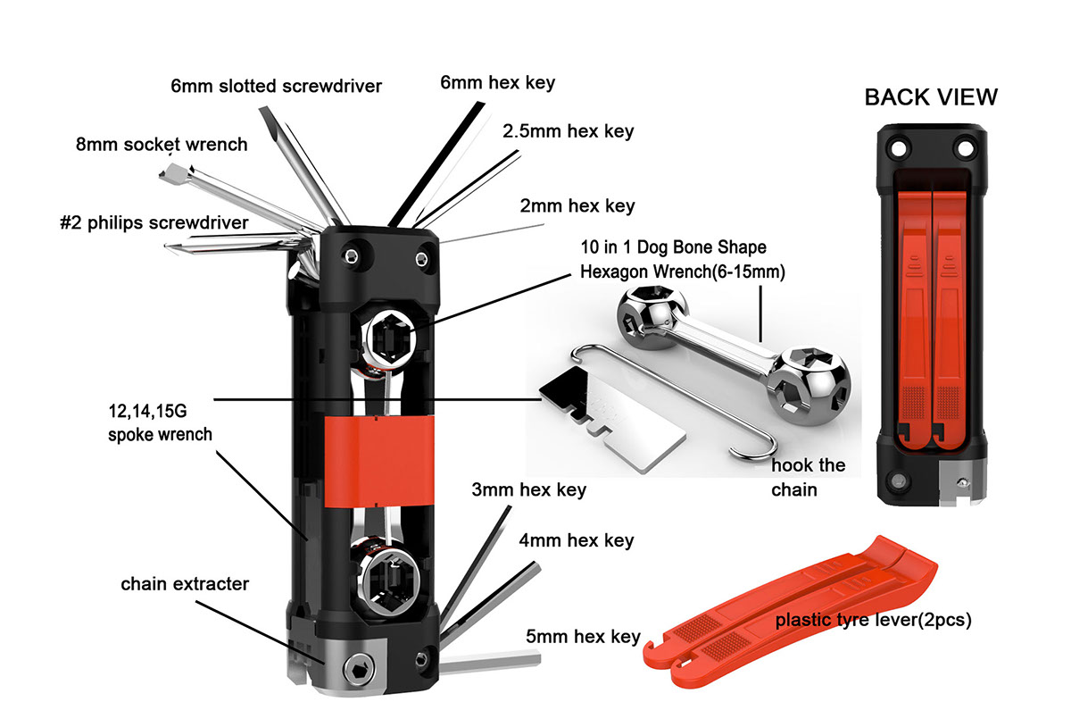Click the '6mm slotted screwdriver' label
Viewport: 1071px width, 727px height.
277,87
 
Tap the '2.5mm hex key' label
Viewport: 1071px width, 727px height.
568,131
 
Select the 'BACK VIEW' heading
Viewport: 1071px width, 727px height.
931,97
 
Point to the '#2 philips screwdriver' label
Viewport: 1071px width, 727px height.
154,223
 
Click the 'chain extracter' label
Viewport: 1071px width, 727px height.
185,584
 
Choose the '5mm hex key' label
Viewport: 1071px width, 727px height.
583,637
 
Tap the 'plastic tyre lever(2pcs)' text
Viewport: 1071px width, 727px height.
873,619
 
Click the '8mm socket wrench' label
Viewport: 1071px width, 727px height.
162,144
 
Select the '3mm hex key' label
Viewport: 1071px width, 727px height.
541,489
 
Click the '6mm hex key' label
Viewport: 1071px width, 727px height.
497,82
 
